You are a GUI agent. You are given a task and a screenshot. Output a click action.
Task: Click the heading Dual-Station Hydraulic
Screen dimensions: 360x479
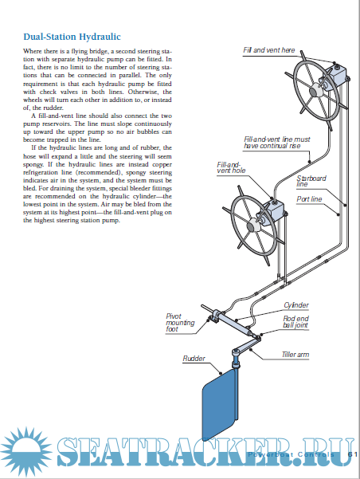[x=72, y=37]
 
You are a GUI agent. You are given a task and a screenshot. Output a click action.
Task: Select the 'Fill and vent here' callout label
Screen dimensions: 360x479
[x=269, y=50]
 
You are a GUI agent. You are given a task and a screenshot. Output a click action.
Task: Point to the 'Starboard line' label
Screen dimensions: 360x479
[x=311, y=181]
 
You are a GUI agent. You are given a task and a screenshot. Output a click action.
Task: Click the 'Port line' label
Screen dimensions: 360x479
[x=309, y=199]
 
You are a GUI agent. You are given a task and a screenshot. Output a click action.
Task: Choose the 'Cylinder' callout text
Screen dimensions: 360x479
[x=295, y=305]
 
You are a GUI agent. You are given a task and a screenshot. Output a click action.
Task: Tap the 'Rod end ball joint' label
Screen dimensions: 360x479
[x=295, y=322]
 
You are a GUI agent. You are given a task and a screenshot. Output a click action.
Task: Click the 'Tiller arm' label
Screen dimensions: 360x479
[x=295, y=355]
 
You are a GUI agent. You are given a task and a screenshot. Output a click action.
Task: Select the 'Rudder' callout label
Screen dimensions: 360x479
[x=194, y=359]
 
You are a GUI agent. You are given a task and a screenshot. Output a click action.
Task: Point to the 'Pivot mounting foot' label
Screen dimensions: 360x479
[x=180, y=323]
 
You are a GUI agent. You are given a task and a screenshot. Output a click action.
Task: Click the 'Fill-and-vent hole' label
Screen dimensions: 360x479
[x=231, y=167]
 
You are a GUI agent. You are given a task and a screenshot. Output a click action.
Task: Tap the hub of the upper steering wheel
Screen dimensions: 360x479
[x=315, y=91]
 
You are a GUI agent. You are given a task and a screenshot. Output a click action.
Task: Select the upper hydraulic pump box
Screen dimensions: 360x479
[x=338, y=73]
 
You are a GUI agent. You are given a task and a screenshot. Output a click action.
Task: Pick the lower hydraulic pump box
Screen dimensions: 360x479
[x=274, y=210]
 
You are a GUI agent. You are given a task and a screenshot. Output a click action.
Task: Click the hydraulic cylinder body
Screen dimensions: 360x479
[x=232, y=322]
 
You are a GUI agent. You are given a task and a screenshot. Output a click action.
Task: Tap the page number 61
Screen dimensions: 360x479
[x=353, y=454]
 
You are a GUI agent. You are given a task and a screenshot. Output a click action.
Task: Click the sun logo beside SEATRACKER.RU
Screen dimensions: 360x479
[x=27, y=453]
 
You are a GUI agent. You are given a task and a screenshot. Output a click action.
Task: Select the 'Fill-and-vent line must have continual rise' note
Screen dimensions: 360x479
[x=276, y=143]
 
